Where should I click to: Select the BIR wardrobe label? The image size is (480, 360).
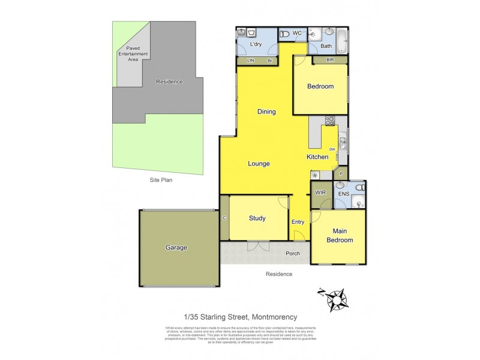tap(330, 60)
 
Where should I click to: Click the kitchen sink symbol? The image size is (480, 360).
tap(343, 142)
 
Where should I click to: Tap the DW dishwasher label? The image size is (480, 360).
tap(331, 149)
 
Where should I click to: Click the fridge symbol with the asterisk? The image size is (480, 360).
tap(314, 175)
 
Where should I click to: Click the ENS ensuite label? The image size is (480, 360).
tap(344, 194)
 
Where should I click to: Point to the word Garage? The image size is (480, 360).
tap(176, 247)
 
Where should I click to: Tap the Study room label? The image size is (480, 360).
tap(257, 218)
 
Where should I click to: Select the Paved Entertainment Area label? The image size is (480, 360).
tap(133, 54)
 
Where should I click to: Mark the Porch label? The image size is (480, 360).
tap(292, 253)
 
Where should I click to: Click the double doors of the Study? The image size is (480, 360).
tap(258, 245)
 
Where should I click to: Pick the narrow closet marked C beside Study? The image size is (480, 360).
tap(224, 218)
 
